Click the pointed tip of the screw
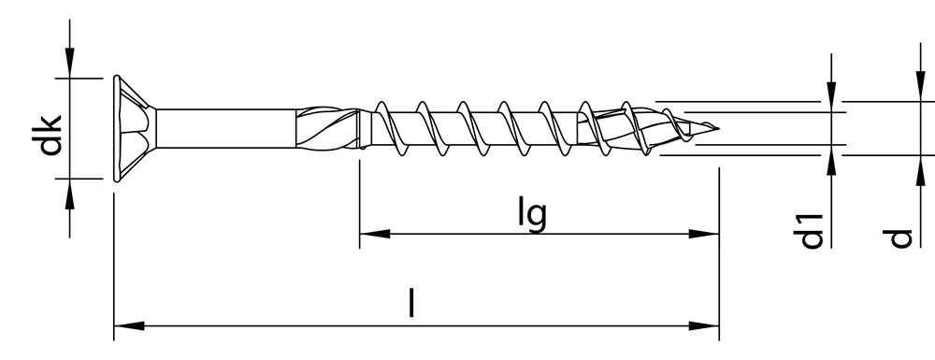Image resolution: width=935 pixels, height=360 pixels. [715, 127]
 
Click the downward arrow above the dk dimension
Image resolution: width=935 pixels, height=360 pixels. [70, 65]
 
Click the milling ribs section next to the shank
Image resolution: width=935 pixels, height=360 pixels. [327, 127]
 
